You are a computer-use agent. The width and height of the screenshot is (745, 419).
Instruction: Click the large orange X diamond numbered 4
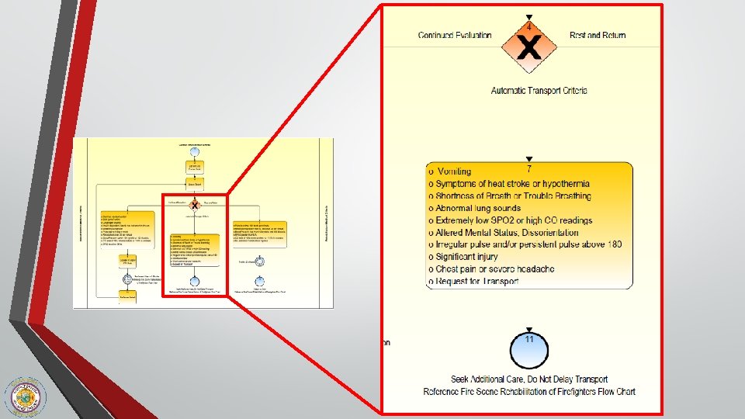point(528,48)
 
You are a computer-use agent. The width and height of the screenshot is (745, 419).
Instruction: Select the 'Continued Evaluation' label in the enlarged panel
point(455,35)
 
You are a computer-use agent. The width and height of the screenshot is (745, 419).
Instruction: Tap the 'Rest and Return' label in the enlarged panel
point(598,35)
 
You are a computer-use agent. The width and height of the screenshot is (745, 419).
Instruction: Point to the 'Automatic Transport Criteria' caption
point(539,91)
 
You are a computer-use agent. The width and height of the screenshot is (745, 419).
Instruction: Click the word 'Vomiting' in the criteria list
point(454,171)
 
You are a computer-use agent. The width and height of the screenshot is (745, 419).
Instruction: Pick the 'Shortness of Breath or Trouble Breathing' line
point(512,196)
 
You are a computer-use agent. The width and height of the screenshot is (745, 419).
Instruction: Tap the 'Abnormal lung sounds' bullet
point(478,208)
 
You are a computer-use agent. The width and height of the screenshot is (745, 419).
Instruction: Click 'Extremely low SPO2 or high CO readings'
point(514,220)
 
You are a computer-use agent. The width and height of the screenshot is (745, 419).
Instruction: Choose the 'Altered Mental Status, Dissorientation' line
point(506,232)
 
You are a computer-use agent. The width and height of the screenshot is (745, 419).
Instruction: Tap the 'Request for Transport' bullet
point(476,281)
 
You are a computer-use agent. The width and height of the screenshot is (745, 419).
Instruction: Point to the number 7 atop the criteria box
point(528,168)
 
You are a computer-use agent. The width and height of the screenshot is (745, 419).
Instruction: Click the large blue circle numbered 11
point(528,351)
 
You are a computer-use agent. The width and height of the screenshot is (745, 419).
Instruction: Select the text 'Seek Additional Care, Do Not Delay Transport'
point(529,379)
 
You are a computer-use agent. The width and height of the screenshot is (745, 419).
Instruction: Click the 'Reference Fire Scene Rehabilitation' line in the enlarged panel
point(529,392)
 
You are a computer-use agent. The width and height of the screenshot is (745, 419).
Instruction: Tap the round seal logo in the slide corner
point(26,396)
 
